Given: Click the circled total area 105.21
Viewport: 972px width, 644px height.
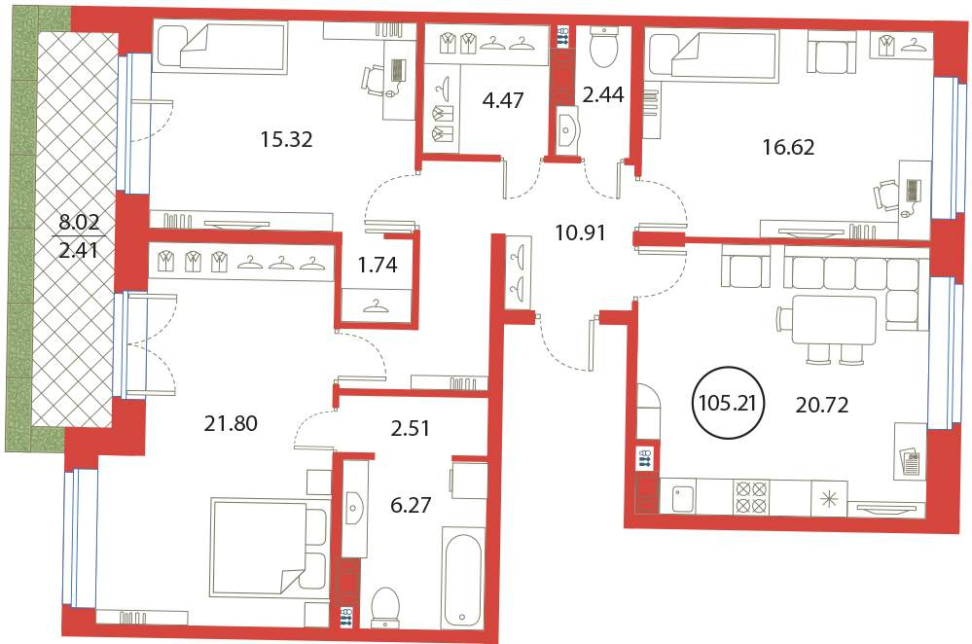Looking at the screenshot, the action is tap(727, 403).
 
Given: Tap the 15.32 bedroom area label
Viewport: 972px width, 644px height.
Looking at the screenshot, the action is tap(286, 139).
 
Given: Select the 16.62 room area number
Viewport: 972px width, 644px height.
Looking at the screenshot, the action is tap(788, 147).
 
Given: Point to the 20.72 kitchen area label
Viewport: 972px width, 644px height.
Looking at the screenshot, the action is tap(821, 405).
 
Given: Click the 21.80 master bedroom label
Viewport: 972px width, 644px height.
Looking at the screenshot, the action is tap(231, 423).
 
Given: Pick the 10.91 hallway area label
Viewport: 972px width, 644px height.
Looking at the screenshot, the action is tap(580, 233).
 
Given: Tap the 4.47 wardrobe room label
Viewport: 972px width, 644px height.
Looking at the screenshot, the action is tap(503, 100).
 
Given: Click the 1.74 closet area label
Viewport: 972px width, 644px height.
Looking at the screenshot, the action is tap(378, 265).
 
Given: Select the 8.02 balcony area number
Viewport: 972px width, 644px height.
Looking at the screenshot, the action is tap(79, 221).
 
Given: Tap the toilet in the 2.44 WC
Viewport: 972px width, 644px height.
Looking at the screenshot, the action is tap(600, 47).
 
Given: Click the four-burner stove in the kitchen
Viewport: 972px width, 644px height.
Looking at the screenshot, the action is tap(751, 496).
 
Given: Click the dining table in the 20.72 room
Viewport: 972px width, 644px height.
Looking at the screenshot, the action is tap(833, 320).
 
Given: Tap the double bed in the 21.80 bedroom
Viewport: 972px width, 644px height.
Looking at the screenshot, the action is tap(270, 546).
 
